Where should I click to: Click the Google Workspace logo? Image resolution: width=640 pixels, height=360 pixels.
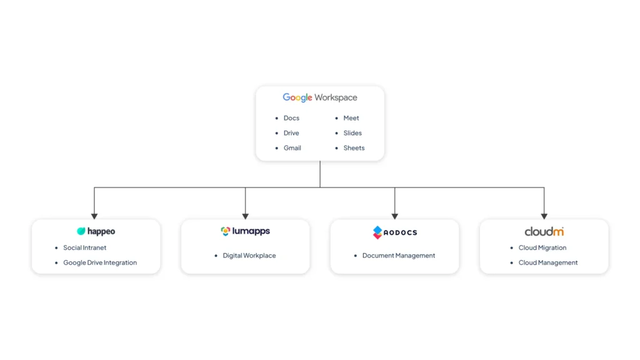[x=320, y=97]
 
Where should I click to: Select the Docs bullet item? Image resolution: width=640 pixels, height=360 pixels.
[x=291, y=118]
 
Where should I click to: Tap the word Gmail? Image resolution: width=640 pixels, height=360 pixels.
[x=292, y=147]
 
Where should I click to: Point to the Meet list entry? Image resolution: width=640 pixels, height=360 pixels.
[x=351, y=118]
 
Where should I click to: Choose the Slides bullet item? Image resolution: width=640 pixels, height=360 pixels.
[x=352, y=133]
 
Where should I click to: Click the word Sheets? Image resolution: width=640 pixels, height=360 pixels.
[x=354, y=147]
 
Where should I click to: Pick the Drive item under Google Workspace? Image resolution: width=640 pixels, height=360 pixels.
[x=291, y=133]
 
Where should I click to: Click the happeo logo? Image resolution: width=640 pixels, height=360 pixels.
[x=96, y=231]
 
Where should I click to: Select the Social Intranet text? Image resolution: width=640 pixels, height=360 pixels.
[x=84, y=247]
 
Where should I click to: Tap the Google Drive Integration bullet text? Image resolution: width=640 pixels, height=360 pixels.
[x=100, y=262]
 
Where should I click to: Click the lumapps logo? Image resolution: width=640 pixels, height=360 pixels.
[x=245, y=231]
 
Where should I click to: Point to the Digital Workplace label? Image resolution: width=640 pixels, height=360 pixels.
[x=249, y=256]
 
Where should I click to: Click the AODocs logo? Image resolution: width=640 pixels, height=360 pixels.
[x=395, y=232]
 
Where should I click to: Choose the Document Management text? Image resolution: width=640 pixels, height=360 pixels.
[x=399, y=256]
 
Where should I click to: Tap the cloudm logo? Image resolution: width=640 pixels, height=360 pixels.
[x=544, y=232]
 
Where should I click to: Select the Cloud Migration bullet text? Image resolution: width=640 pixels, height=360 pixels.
[x=542, y=247]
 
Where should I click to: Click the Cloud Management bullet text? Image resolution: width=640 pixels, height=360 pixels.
[x=548, y=262]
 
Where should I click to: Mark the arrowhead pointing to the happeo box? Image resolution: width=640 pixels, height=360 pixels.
[x=94, y=216]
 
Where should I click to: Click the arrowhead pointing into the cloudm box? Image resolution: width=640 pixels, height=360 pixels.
[x=544, y=216]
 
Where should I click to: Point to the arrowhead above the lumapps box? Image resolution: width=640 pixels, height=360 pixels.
[x=245, y=216]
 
